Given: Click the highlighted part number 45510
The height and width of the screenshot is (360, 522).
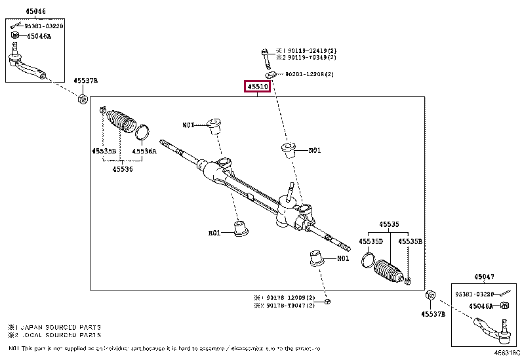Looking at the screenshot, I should pyautogui.click(x=258, y=87).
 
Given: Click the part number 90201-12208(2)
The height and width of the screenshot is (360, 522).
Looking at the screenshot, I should pyautogui.click(x=310, y=74).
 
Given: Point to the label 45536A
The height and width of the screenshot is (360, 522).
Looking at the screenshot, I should pyautogui.click(x=144, y=151).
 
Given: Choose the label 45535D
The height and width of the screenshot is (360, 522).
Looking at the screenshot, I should pyautogui.click(x=371, y=241).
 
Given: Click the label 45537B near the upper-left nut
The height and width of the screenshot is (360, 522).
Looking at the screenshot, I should pyautogui.click(x=85, y=80).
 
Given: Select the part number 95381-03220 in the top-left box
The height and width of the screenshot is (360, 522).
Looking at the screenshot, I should pyautogui.click(x=44, y=26).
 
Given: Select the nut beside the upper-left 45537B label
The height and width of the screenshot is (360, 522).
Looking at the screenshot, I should pyautogui.click(x=83, y=100).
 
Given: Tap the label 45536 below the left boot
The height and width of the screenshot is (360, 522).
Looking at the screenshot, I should pyautogui.click(x=122, y=169).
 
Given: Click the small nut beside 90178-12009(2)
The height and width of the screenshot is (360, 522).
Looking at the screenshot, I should pyautogui.click(x=327, y=301).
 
